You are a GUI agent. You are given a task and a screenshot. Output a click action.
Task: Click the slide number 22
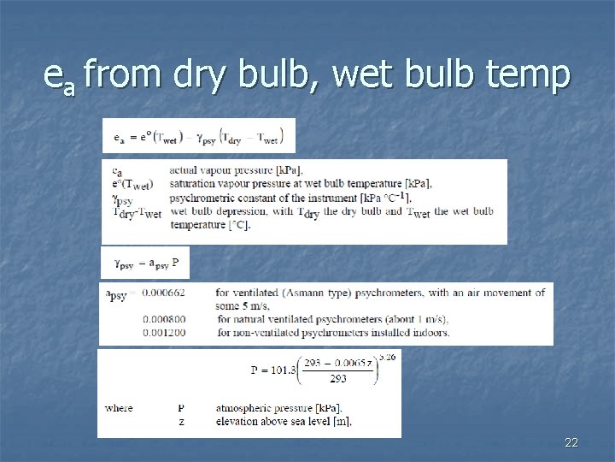[571, 442]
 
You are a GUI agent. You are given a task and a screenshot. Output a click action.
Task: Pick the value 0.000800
[164, 319]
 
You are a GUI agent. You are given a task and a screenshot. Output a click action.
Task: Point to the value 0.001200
[164, 332]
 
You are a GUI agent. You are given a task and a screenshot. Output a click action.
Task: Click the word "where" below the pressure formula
[119, 408]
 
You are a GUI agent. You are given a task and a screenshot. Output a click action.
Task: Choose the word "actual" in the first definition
[186, 169]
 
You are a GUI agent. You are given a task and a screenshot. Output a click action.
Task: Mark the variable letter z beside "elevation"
[180, 421]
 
